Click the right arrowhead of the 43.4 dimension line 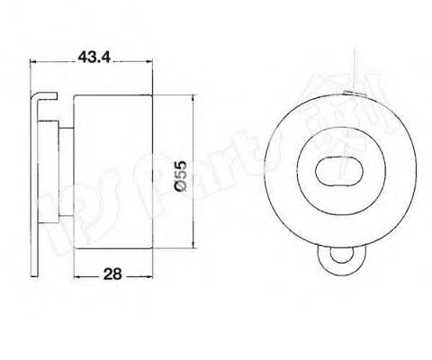154,63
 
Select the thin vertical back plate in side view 39,180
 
